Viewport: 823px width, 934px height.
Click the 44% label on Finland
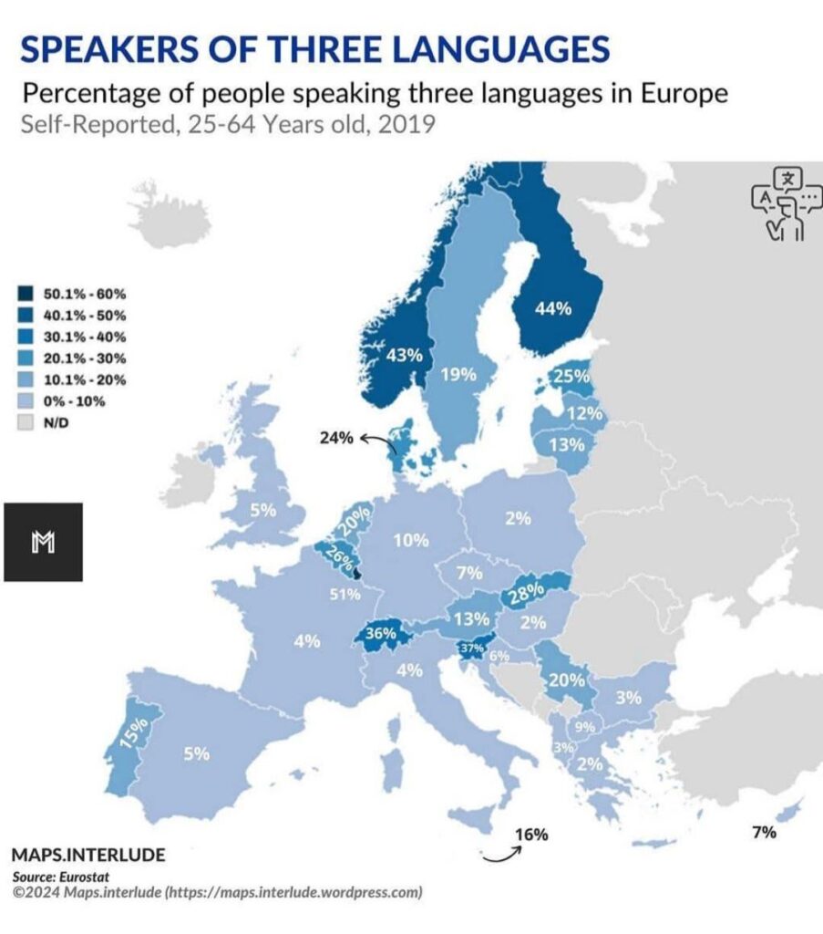pos(552,309)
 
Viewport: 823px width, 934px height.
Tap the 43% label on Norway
pos(405,355)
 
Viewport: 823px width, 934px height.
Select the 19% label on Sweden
pos(458,373)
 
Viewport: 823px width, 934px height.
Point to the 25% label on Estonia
pos(571,376)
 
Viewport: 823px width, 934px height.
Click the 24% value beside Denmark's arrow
pos(335,438)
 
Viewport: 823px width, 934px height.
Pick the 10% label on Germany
pos(410,540)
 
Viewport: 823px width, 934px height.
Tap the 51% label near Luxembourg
pos(345,595)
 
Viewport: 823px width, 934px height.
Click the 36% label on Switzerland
pos(380,632)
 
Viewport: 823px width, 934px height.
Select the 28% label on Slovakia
pos(528,592)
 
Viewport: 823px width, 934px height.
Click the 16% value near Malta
pos(530,834)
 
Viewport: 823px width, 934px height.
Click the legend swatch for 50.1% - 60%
pos(26,294)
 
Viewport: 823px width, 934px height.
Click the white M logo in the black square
pos(43,543)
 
